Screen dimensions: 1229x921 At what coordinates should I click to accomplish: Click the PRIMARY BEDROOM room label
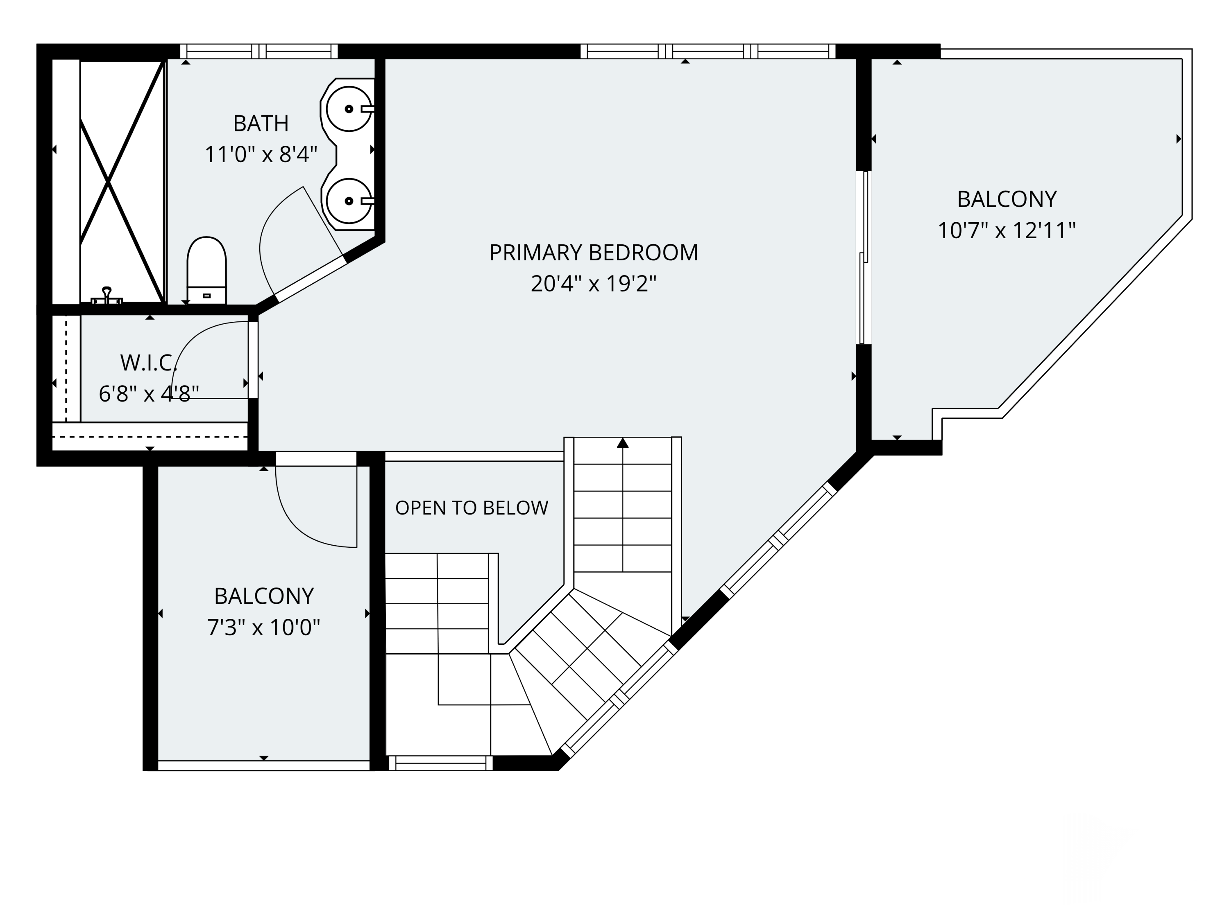[593, 253]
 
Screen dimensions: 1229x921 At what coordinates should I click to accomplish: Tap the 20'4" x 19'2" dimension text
[593, 284]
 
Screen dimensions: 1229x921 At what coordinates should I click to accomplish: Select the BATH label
[261, 123]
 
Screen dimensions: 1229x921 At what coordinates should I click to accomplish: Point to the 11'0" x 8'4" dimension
[261, 154]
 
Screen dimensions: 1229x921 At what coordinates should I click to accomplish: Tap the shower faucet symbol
[107, 296]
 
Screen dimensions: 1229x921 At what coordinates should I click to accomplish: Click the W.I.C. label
[148, 363]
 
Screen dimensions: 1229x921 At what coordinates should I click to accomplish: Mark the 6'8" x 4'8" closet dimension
[148, 394]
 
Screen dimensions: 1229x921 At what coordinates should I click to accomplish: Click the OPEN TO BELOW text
[472, 508]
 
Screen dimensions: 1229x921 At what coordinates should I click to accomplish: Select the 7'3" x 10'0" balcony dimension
[264, 628]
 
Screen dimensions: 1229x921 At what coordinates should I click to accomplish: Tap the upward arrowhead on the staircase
[623, 442]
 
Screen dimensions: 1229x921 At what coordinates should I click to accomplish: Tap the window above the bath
[259, 51]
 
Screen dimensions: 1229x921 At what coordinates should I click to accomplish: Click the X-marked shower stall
[122, 181]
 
